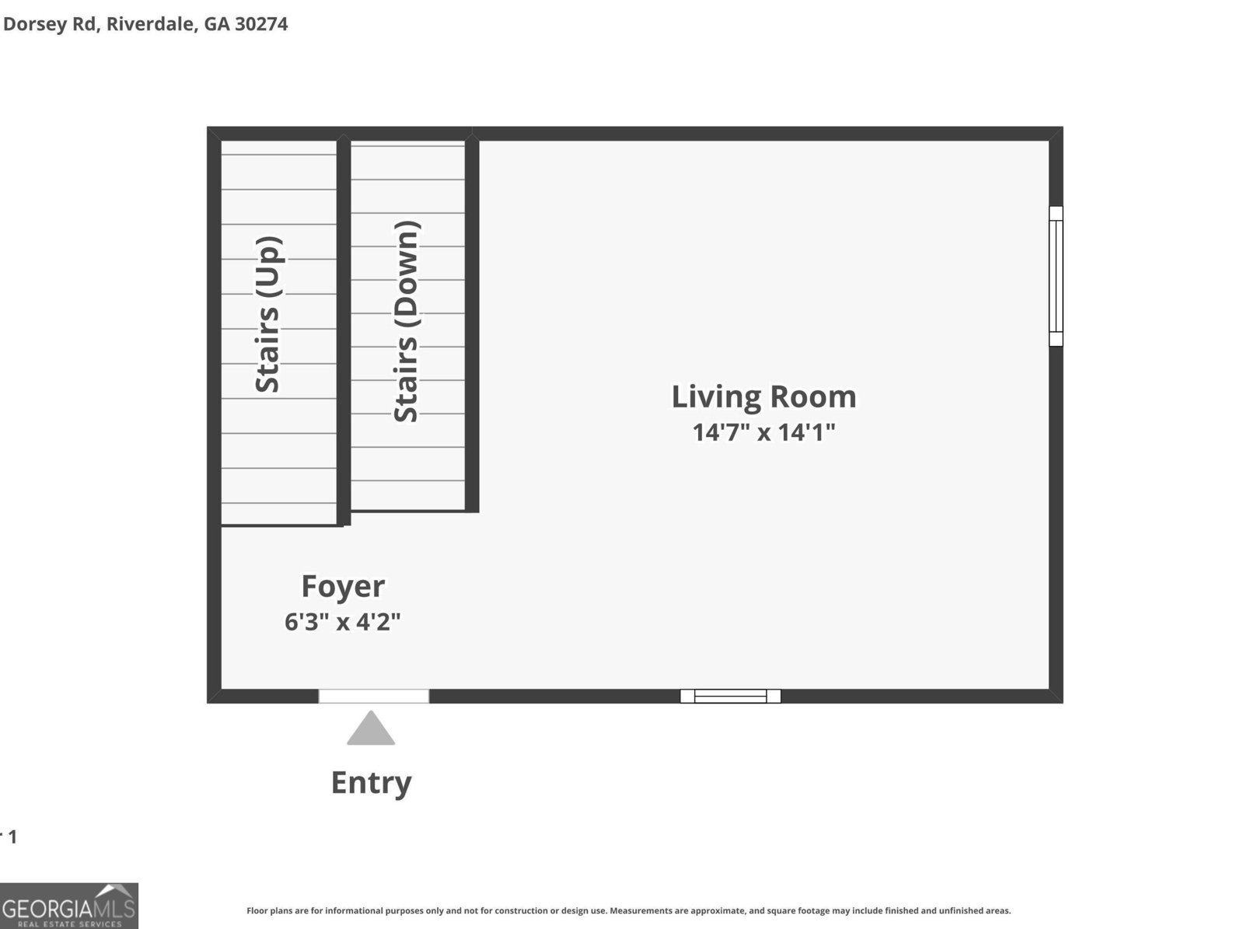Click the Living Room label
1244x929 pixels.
tap(764, 396)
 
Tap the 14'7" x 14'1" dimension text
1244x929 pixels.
tap(764, 432)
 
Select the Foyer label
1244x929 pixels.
tap(343, 586)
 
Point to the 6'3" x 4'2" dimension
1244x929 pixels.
tap(343, 622)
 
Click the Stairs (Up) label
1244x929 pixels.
tap(268, 315)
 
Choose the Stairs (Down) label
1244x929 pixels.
tap(407, 322)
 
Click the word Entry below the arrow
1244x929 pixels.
tap(371, 782)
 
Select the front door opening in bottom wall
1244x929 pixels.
tap(373, 696)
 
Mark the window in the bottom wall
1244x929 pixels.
tap(730, 696)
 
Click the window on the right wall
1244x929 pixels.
tap(1055, 276)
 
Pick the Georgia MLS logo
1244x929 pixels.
tap(69, 906)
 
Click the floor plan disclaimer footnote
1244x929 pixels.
tap(628, 910)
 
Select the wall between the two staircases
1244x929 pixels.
tap(344, 330)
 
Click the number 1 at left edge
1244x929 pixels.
tap(11, 837)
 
